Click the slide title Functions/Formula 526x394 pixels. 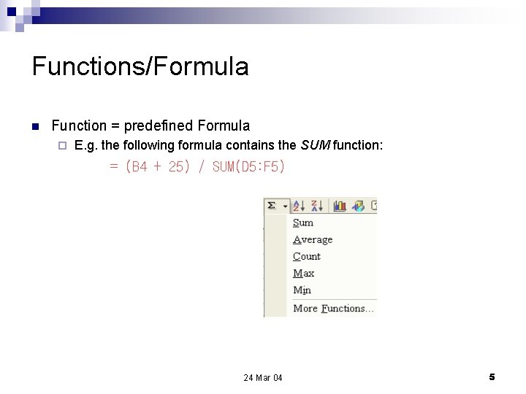pos(140,67)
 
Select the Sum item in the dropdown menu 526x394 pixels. pos(302,223)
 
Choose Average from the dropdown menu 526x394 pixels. pos(312,239)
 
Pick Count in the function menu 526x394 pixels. pos(306,256)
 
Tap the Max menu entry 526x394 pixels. pos(303,273)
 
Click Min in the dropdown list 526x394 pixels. pos(302,290)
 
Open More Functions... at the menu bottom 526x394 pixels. pos(333,308)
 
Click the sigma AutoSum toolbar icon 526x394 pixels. pos(272,206)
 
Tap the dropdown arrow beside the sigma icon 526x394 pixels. pos(285,206)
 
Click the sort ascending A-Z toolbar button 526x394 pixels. pos(300,206)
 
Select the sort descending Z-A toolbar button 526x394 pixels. pos(318,206)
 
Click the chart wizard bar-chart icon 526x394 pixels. pos(340,206)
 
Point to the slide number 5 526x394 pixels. pos(492,376)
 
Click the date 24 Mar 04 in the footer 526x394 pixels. pos(263,377)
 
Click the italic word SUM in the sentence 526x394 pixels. pos(314,146)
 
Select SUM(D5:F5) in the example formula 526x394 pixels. pos(248,167)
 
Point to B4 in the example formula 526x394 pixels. pos(140,167)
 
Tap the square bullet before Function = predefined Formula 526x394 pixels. pos(35,126)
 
